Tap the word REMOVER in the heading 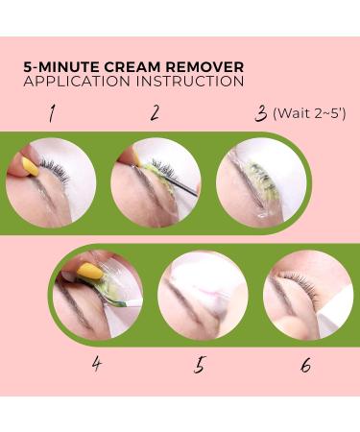(x=204, y=67)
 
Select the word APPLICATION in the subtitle (x=77, y=82)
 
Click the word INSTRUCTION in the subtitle (x=190, y=82)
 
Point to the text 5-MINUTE (x=61, y=67)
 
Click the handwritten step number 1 (x=51, y=113)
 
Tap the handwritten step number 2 (x=155, y=113)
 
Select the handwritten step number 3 (x=261, y=114)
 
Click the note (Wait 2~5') (x=309, y=113)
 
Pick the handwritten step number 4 (x=97, y=364)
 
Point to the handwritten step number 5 (x=199, y=365)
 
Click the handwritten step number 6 (x=306, y=365)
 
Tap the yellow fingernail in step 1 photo (x=31, y=166)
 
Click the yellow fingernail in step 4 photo (x=90, y=271)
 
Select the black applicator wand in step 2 (x=180, y=186)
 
